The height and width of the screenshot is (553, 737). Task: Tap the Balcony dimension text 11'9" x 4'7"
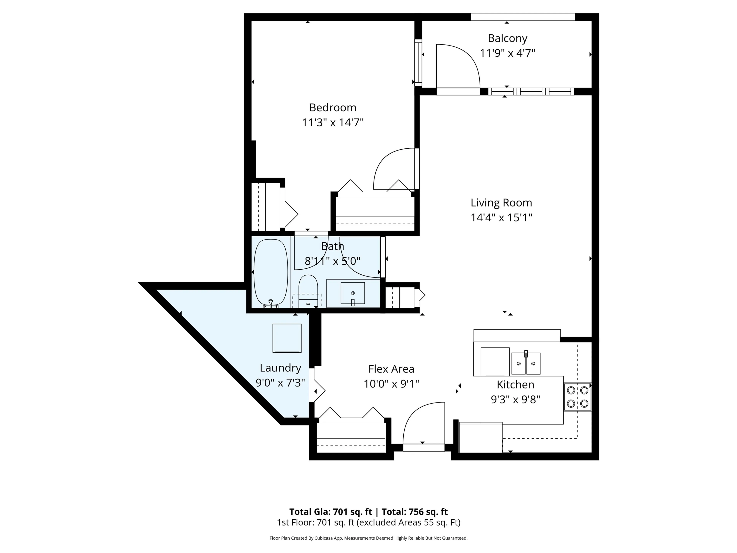[507, 53]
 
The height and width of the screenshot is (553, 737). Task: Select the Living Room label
[501, 203]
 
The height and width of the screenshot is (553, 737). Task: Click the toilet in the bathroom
[308, 288]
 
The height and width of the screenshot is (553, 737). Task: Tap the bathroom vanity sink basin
[353, 293]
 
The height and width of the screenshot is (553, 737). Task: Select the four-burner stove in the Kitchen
[577, 397]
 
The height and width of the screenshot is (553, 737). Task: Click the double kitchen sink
[526, 363]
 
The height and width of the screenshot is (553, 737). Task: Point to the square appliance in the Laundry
[287, 338]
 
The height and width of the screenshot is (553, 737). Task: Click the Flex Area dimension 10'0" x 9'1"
[391, 384]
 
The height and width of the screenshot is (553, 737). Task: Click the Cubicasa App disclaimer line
[368, 538]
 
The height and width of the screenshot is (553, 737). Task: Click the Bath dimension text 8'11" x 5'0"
[333, 261]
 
